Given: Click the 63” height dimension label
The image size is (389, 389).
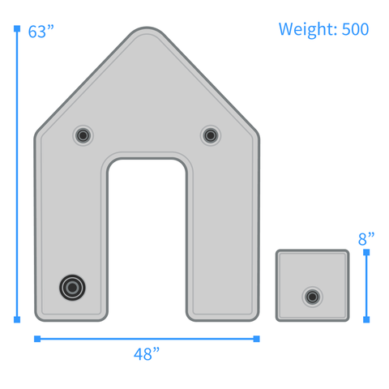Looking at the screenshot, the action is [x=41, y=32].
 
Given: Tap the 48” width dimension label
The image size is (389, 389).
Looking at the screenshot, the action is [x=147, y=354].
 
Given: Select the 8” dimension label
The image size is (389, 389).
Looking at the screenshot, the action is [x=366, y=238].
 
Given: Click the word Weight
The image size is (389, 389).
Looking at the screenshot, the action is [x=308, y=29].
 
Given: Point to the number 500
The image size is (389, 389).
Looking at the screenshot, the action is [x=355, y=29].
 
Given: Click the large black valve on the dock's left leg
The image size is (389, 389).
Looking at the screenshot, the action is [x=72, y=288].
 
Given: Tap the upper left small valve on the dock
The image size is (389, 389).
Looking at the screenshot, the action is [x=83, y=135].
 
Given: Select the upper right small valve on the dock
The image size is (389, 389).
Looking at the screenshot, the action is [x=211, y=135].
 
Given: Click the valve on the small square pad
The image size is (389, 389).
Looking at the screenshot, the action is [x=312, y=297].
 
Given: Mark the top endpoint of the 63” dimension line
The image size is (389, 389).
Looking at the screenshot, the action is [x=17, y=28].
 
